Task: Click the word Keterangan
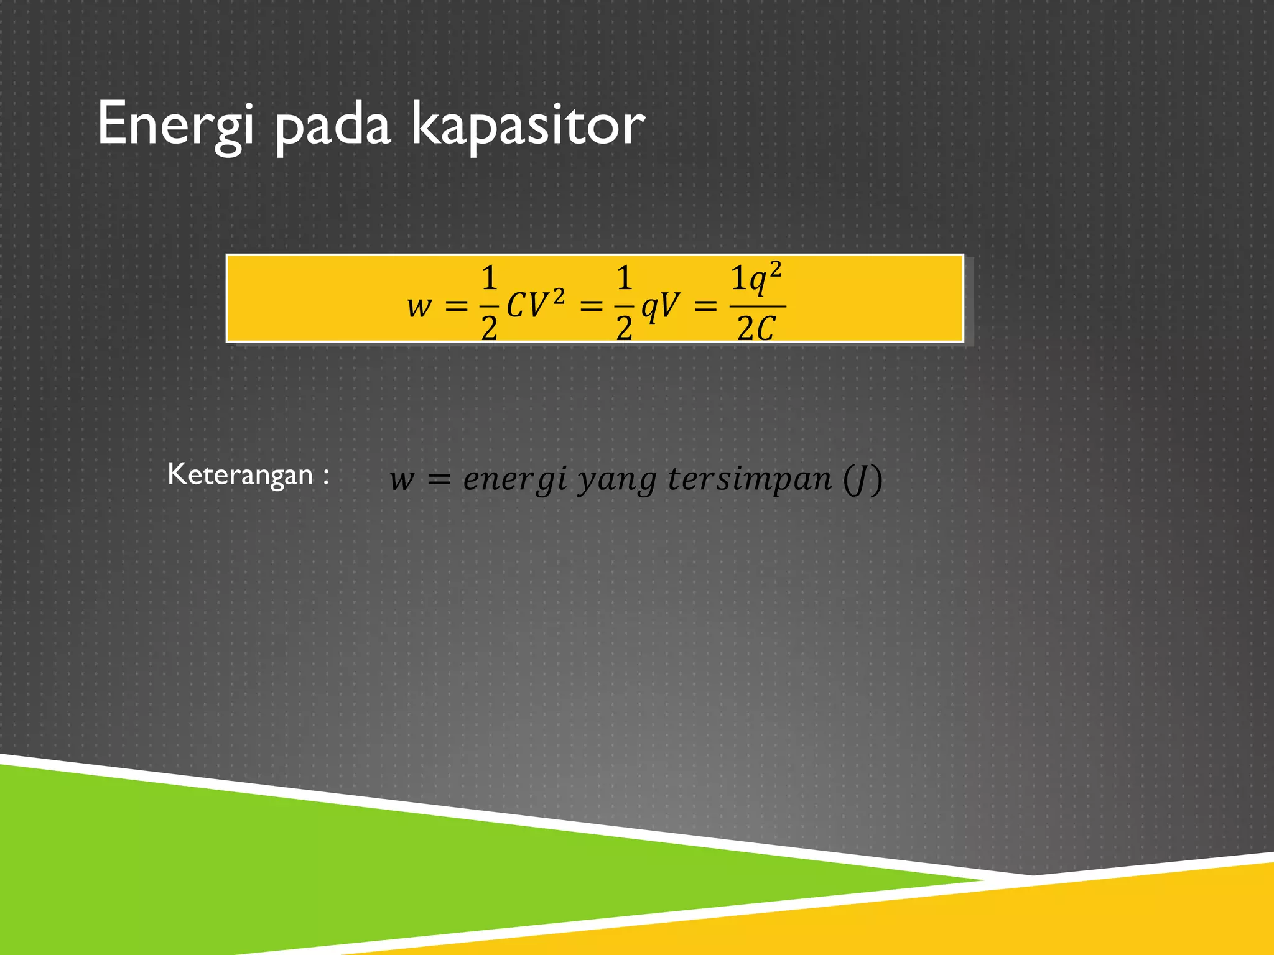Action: [x=239, y=475]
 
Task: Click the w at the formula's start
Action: [x=419, y=306]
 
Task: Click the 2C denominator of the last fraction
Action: [x=756, y=328]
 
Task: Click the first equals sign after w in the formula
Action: [x=456, y=306]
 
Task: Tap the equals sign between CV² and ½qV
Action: [x=591, y=306]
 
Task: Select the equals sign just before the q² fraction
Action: [x=705, y=306]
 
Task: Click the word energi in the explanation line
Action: [x=516, y=479]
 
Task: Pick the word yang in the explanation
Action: [x=616, y=479]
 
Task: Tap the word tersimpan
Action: [x=749, y=479]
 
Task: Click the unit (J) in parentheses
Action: [x=862, y=479]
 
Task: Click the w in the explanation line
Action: [x=401, y=479]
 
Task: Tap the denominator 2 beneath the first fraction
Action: [x=489, y=328]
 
